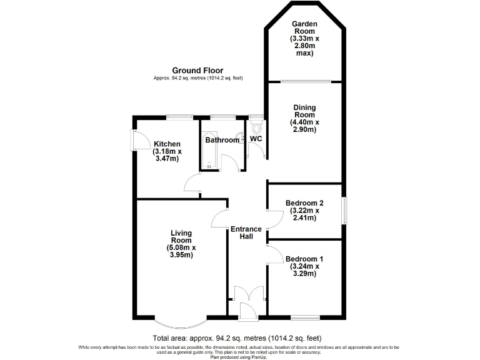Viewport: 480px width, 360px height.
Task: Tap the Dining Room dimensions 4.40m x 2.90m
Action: (304, 126)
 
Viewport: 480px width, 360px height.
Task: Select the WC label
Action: (256, 139)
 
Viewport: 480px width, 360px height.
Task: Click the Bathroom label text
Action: (222, 140)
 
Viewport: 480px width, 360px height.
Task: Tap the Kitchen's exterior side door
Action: (133, 139)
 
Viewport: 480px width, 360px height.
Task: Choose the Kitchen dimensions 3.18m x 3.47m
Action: (167, 155)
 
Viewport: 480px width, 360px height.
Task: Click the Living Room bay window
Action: (181, 322)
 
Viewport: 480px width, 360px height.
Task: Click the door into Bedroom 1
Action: (274, 254)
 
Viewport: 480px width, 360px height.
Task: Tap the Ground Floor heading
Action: (197, 71)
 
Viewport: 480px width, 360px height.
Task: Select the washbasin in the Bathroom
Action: (241, 140)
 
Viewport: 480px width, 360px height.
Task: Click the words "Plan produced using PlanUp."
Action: (240, 356)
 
